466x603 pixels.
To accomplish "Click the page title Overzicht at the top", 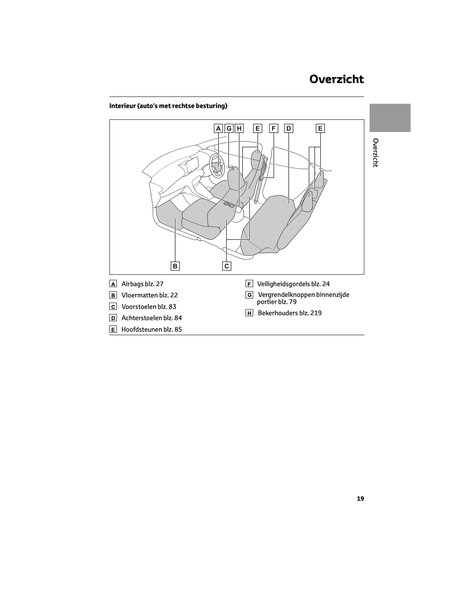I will (x=336, y=79).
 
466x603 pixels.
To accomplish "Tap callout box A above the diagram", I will (x=218, y=128).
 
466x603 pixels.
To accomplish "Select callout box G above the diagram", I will (x=229, y=128).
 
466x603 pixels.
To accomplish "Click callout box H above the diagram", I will (x=239, y=128).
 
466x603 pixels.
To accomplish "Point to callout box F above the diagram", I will (x=273, y=128).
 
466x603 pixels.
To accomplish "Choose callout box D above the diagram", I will (x=289, y=128).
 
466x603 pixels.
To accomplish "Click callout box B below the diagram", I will (x=175, y=266).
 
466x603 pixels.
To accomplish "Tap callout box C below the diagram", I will (x=227, y=266).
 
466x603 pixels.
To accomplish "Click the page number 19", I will (x=360, y=499).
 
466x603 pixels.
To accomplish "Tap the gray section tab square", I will (x=390, y=118).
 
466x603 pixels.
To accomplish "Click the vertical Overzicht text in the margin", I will (x=375, y=153).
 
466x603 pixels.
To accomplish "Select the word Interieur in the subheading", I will (x=123, y=106).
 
